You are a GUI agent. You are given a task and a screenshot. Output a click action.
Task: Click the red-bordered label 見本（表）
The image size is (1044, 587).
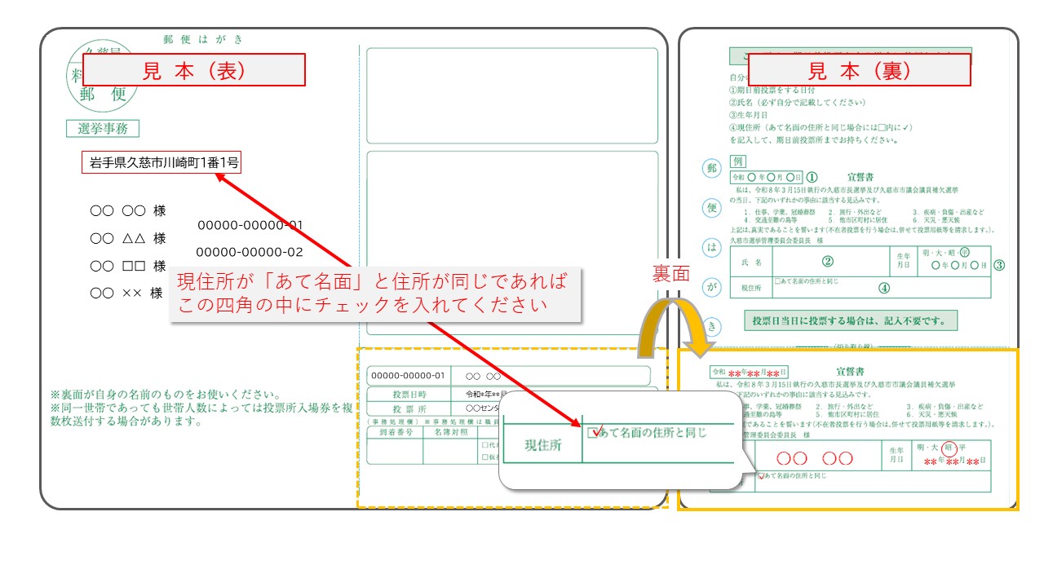[x=194, y=70]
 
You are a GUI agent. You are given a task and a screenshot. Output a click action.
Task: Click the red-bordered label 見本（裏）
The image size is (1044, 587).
[x=860, y=70]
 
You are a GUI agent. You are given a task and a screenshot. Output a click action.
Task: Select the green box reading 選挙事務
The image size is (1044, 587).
[x=103, y=128]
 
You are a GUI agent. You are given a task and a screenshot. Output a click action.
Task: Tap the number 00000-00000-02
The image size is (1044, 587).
[x=249, y=252]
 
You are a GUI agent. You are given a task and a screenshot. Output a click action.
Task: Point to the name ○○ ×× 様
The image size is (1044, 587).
[x=126, y=293]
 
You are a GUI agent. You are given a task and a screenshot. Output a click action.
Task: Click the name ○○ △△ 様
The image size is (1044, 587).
[x=127, y=238]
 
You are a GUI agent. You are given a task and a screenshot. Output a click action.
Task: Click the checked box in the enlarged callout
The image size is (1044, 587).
[x=593, y=432]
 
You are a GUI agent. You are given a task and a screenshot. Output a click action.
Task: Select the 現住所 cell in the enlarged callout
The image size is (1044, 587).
[x=542, y=446]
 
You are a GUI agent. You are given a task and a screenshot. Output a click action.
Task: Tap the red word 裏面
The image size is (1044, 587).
[x=670, y=273]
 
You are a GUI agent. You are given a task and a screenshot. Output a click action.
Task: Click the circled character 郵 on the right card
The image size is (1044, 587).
[x=712, y=169]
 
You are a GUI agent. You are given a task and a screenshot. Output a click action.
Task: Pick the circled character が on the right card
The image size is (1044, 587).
[x=712, y=287]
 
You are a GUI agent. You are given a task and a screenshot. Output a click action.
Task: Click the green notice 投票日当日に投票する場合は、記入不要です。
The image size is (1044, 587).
[x=850, y=320]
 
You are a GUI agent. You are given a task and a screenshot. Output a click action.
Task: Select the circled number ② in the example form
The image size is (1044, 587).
[x=827, y=262]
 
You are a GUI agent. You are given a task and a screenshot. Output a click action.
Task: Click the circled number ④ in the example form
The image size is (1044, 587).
[x=883, y=287]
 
